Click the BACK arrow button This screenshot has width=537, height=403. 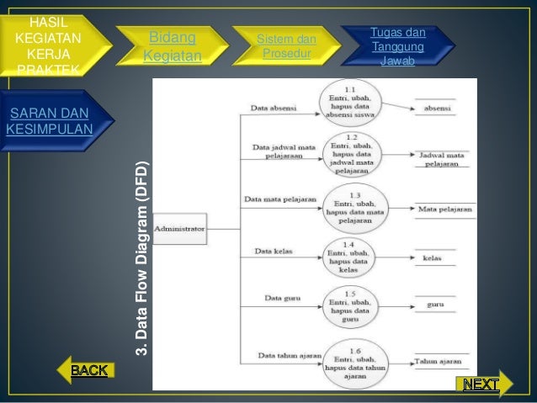pos(86,369)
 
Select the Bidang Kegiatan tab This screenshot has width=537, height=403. pos(173,47)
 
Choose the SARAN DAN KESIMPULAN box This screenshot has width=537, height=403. pos(49,121)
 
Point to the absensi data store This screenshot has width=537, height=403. pos(435,109)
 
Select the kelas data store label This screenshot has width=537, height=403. pos(433,257)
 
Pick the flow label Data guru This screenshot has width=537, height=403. pos(278,297)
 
